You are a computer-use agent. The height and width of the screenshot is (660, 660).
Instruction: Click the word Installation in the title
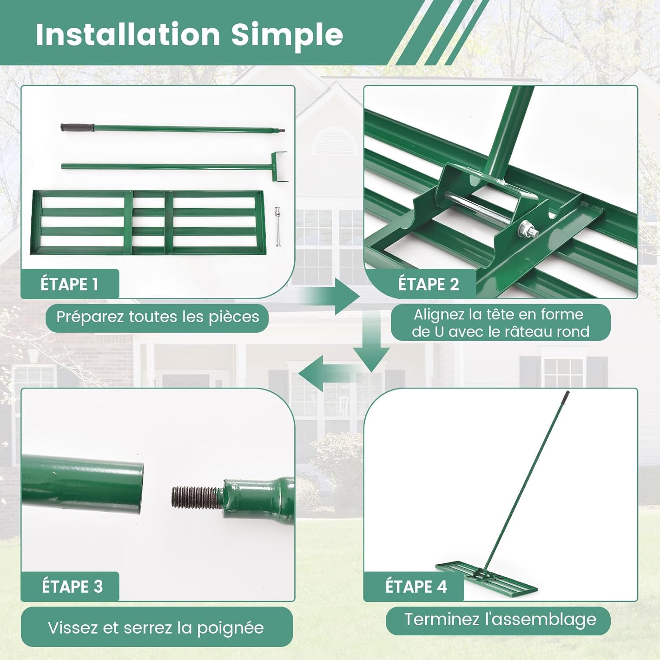tap(128, 34)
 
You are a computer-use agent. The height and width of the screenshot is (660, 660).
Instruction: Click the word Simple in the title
tap(287, 35)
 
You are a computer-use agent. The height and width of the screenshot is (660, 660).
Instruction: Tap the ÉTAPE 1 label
tap(70, 284)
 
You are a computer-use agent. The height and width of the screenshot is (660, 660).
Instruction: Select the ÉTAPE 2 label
tap(429, 284)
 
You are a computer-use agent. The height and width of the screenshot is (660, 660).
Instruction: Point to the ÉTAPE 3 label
tap(72, 586)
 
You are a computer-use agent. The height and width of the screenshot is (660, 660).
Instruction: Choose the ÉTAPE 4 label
tap(416, 586)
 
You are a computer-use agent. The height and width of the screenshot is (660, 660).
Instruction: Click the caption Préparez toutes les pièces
tap(158, 317)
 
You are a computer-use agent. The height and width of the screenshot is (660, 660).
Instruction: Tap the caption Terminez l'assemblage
tap(500, 620)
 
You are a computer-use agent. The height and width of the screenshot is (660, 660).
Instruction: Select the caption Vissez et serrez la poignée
tap(156, 628)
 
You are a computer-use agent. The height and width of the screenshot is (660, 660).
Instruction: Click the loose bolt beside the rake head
tap(278, 227)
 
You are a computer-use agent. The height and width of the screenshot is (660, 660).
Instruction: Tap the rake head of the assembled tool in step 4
tap(486, 577)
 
